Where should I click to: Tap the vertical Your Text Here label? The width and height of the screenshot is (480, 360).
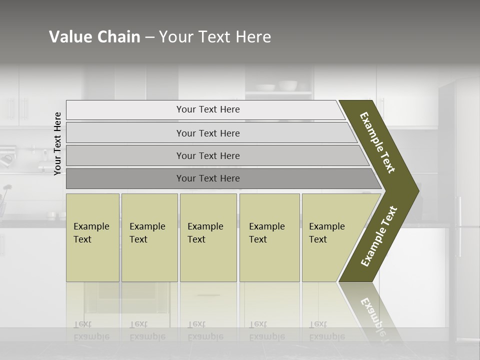[x=57, y=143]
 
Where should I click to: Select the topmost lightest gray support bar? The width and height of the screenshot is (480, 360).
[x=207, y=109]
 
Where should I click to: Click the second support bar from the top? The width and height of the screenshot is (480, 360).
[x=207, y=133]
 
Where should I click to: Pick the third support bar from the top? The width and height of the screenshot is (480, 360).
[x=207, y=156]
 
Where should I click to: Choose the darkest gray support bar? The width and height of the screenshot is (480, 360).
[x=207, y=178]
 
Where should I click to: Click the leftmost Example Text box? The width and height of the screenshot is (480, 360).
[x=92, y=237]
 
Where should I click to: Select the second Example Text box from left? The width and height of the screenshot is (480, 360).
[x=149, y=237]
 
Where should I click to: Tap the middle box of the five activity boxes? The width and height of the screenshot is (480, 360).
[x=208, y=237]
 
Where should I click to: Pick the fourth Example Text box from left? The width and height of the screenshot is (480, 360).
[x=269, y=237]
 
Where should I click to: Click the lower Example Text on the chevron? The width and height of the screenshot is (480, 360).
[x=379, y=236]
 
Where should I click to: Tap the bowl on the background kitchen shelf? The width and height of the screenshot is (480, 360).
[x=287, y=85]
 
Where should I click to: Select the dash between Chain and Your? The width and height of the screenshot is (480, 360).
[x=149, y=37]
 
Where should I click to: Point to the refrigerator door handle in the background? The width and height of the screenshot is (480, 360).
[x=459, y=225]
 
